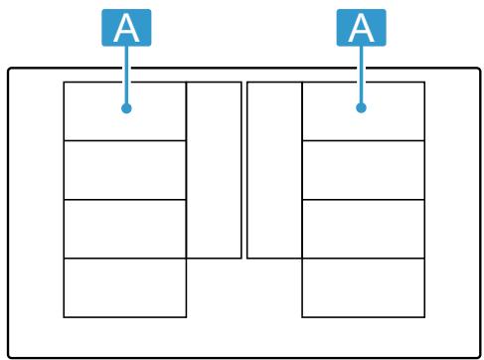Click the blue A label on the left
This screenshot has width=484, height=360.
click(x=127, y=28)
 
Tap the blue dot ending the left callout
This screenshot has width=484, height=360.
click(x=127, y=109)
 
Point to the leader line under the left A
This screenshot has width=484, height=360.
click(x=127, y=75)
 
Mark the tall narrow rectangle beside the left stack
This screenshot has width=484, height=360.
click(x=214, y=170)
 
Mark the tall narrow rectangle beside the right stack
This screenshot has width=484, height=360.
click(x=274, y=170)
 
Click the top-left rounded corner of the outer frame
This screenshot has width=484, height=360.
click(x=11, y=72)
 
